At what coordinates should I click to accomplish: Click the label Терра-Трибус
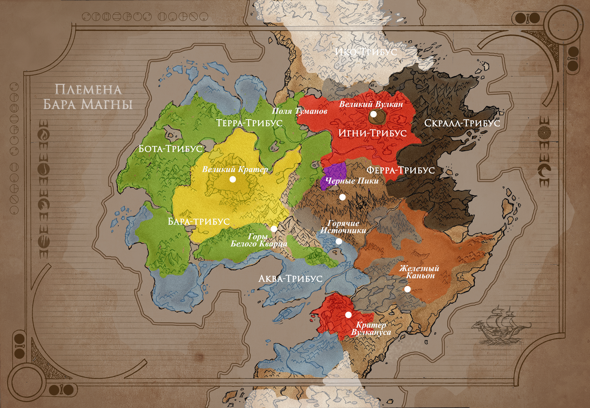(249, 123)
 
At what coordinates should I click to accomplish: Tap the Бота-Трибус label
(170, 149)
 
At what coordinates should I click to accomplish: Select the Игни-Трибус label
(372, 133)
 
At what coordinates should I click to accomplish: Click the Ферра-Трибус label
(400, 170)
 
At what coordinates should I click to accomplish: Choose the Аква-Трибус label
(290, 279)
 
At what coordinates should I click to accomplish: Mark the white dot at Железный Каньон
(407, 289)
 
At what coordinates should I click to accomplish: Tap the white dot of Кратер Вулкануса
(348, 315)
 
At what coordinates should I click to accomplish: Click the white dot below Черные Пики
(342, 197)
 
